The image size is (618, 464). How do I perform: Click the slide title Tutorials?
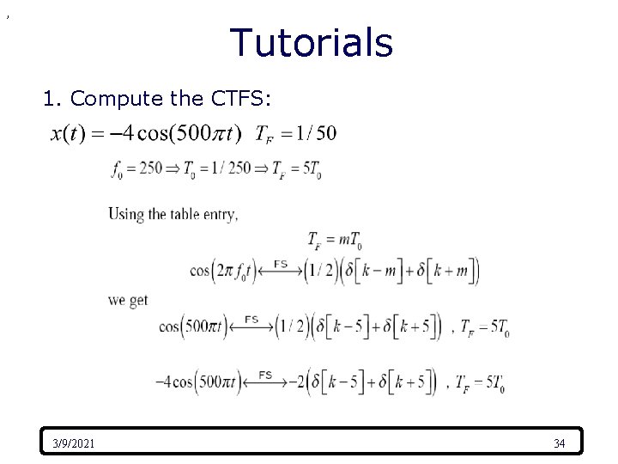312,43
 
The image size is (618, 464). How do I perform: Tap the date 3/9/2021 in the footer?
74,443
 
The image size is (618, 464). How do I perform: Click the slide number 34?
559,443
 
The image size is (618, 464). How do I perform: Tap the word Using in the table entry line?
125,214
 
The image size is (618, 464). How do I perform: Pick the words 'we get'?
128,300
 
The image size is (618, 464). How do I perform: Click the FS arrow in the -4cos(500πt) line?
265,379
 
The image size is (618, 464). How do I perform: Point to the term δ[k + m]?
443,272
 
